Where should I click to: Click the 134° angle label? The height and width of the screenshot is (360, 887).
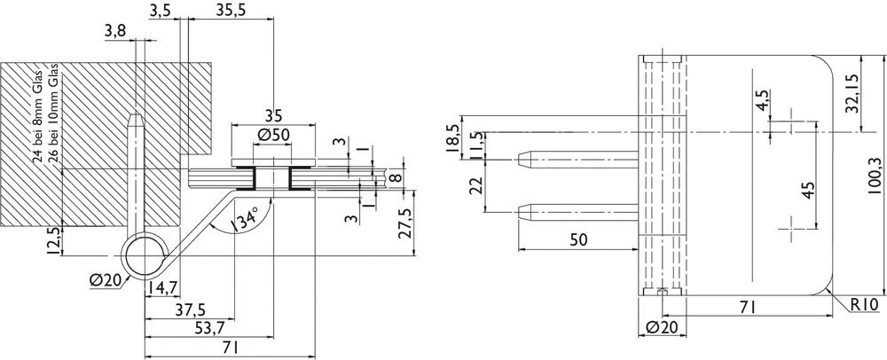(x=245, y=219)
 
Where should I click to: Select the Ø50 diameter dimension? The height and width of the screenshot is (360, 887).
(x=272, y=136)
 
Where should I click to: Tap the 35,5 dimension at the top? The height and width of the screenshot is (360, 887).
(x=231, y=9)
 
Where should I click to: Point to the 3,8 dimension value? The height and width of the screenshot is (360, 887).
(x=115, y=32)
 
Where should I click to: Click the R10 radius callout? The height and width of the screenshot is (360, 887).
(x=863, y=305)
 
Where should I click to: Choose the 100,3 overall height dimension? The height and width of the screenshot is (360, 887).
(x=874, y=176)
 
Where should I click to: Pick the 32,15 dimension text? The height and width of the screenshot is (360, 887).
(x=852, y=93)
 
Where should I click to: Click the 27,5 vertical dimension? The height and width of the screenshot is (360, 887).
(x=405, y=223)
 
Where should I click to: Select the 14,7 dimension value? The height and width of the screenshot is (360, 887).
(x=163, y=288)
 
